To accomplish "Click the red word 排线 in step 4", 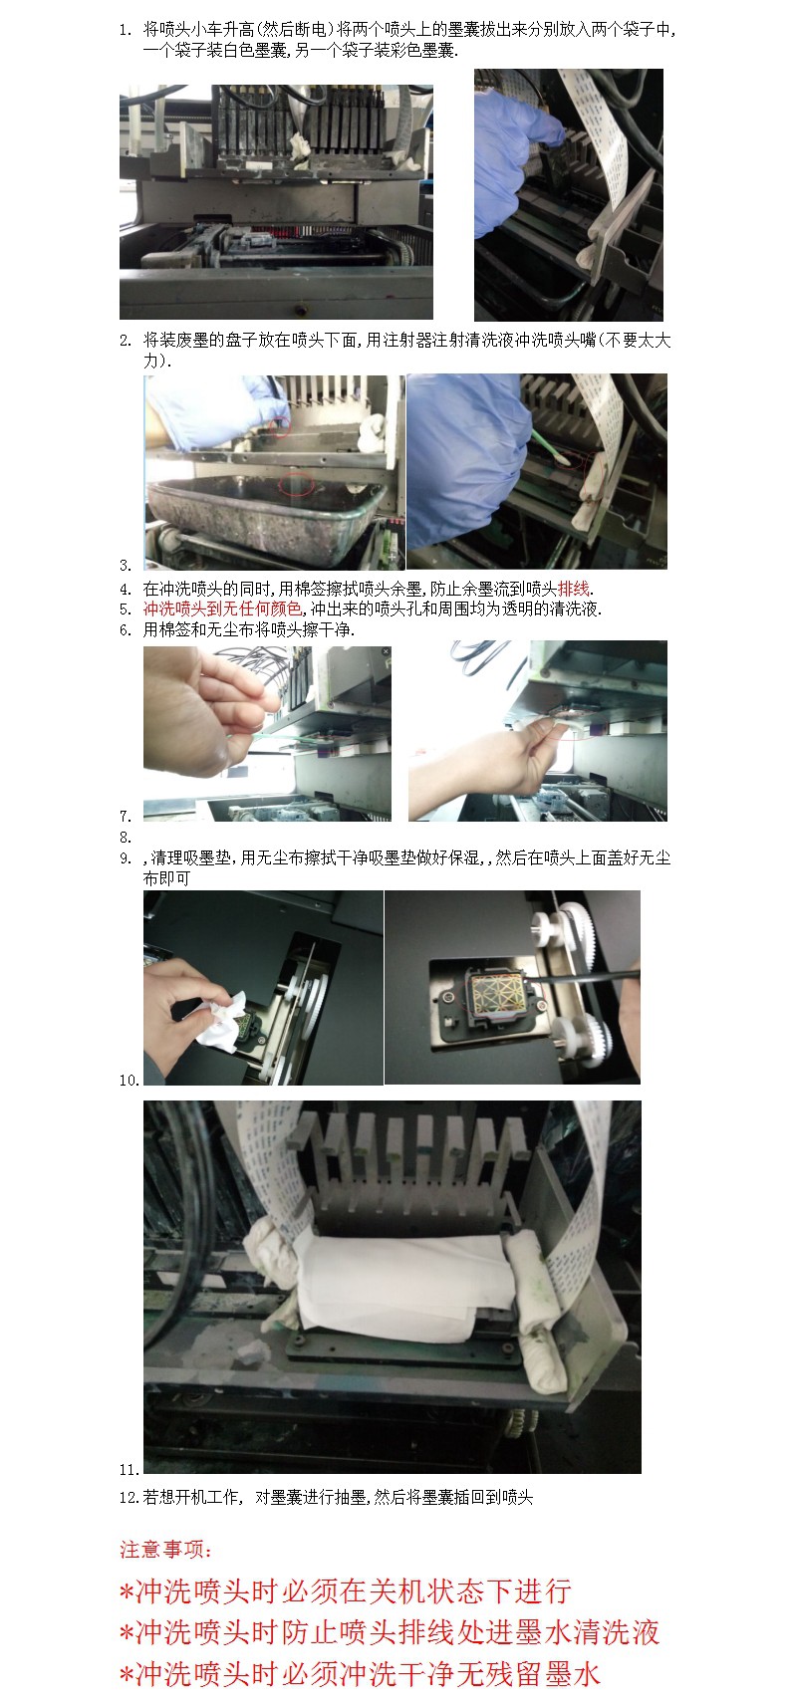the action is (574, 589).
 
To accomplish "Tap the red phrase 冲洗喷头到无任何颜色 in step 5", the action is (222, 609).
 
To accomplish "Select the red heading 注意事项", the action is (166, 1550).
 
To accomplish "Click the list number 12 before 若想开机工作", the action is (129, 1498).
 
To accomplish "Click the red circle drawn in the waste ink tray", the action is (296, 484).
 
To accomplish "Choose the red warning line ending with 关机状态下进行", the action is (345, 1591).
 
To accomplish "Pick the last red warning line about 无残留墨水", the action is (360, 1674).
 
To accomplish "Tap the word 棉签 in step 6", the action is (175, 629).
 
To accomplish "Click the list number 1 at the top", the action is (125, 30).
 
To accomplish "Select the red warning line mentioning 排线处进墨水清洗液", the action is (390, 1633).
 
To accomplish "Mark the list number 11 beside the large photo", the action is (129, 1470).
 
